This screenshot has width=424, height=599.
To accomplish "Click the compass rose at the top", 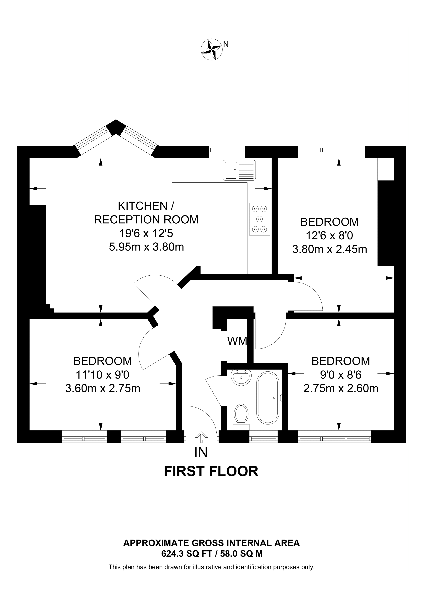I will click(211, 50).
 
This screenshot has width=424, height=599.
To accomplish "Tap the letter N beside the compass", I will click(226, 45).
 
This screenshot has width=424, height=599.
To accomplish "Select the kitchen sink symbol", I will click(239, 170).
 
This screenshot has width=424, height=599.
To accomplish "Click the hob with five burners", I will click(259, 219).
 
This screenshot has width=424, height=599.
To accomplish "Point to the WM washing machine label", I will click(237, 341).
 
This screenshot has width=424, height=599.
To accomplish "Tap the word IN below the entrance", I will click(201, 452).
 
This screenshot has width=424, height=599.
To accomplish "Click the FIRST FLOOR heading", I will click(211, 472).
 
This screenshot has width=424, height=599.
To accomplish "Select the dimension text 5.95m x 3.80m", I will click(146, 247).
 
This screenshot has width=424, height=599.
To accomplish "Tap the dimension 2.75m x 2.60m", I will click(341, 388).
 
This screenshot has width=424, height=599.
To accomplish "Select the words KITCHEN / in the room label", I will click(146, 206).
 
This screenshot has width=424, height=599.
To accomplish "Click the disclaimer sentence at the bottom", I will click(211, 567).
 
